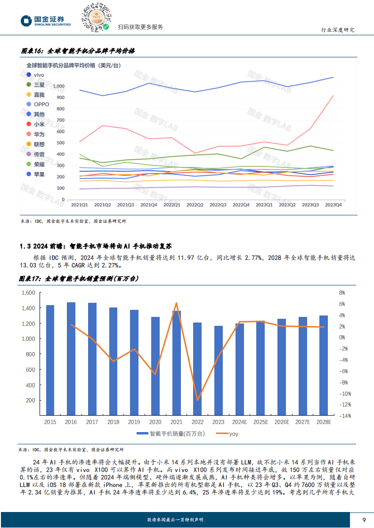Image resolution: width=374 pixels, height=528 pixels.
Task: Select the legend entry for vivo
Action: (36, 75)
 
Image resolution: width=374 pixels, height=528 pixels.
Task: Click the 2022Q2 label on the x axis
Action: (195, 205)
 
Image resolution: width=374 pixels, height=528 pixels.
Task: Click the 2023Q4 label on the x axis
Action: (333, 205)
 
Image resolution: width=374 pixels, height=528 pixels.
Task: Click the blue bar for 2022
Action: (197, 369)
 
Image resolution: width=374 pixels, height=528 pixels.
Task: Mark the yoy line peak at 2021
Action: (176, 303)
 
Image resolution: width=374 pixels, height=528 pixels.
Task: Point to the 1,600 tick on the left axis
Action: (29, 292)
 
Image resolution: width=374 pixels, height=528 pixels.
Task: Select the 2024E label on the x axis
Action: (240, 422)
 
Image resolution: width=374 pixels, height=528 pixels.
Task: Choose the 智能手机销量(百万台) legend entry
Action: (171, 434)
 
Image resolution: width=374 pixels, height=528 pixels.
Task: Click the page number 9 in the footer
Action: (364, 520)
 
